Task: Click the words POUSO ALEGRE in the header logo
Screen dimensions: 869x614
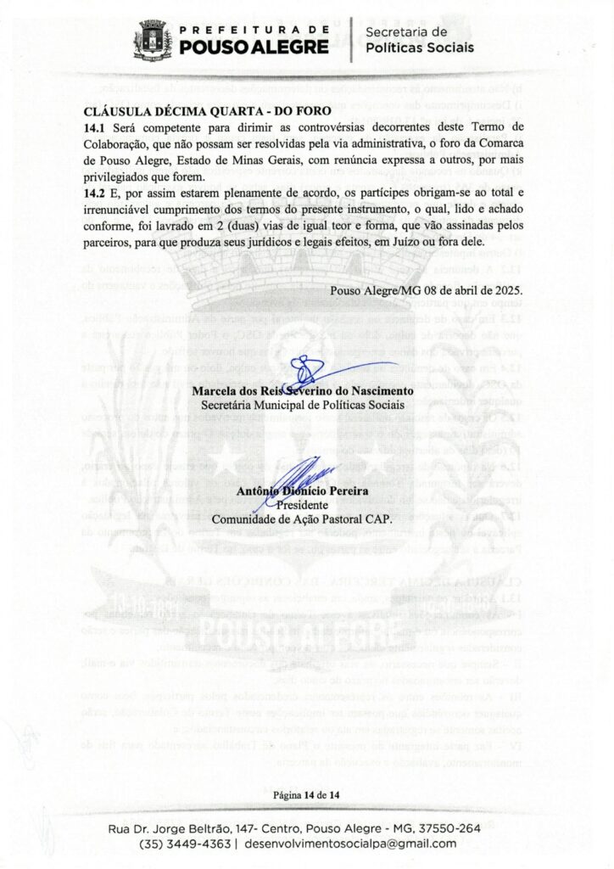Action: click(255, 46)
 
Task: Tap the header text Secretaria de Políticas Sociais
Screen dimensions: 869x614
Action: click(420, 39)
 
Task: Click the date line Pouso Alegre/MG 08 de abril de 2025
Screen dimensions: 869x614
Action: click(427, 289)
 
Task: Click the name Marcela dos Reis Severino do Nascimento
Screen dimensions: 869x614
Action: click(303, 391)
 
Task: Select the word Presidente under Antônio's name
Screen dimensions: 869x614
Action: click(302, 506)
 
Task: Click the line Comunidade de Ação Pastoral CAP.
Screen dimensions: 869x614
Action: click(302, 519)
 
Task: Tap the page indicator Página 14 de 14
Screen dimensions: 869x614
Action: click(306, 795)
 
